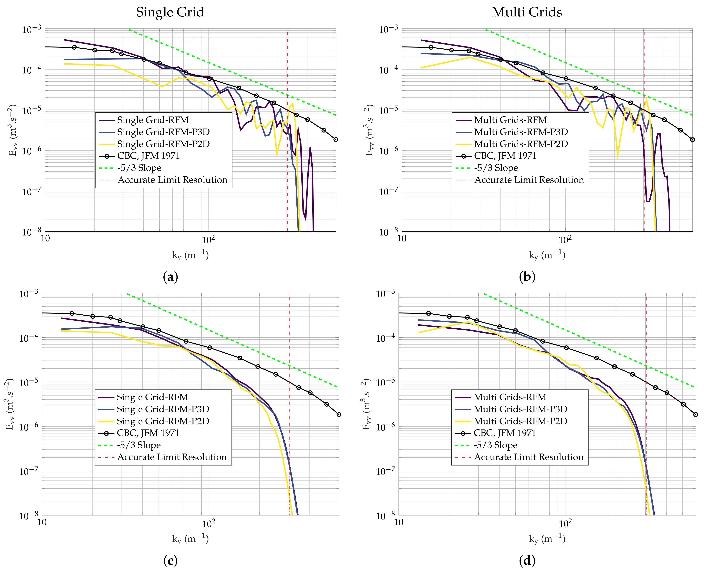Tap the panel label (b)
[527, 277]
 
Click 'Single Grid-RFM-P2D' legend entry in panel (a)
[163, 144]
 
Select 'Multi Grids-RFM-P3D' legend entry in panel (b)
[521, 132]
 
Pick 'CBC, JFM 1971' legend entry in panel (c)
[148, 433]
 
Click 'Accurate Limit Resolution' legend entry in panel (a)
[172, 180]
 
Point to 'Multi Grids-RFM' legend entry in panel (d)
[510, 397]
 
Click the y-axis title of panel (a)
[13, 130]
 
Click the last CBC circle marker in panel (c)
[339, 415]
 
